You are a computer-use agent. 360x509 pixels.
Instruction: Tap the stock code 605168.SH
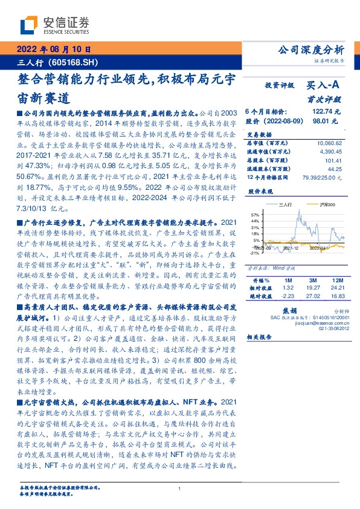coord(70,62)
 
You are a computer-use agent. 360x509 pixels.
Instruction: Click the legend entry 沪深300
coord(315,206)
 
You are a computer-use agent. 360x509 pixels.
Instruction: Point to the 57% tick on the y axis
coord(254,215)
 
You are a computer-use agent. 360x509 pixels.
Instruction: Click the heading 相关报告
coord(259,342)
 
